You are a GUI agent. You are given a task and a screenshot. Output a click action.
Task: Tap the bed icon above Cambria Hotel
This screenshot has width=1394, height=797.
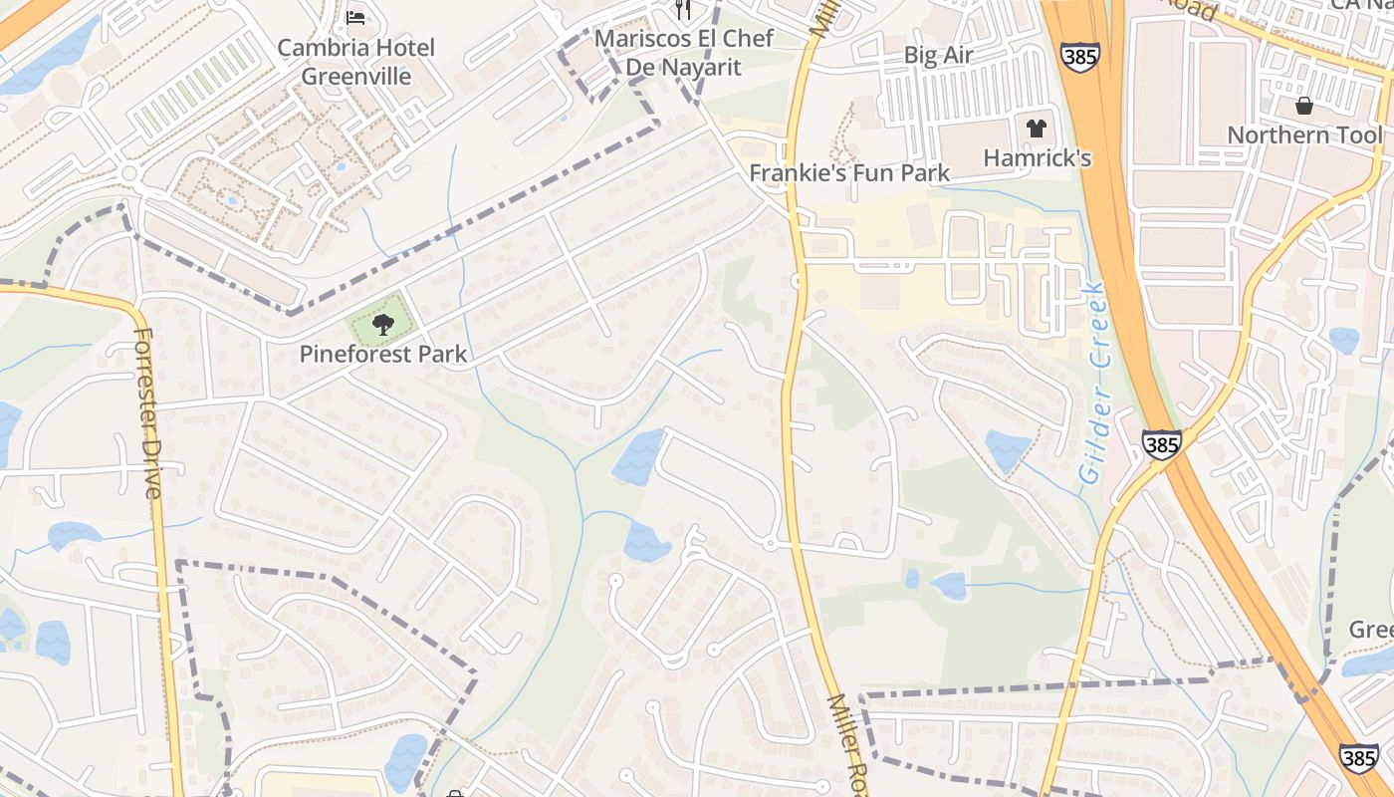355,17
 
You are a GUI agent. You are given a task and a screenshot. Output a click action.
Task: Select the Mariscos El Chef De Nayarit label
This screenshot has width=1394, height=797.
683,53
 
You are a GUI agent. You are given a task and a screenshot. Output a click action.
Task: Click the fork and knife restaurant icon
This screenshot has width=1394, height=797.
683,10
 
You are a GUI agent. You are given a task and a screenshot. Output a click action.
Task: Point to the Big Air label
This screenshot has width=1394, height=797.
938,55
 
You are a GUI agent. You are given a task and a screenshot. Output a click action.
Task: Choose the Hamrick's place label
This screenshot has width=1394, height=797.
1037,157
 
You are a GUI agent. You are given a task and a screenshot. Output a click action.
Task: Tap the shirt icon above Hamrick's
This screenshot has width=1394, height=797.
1037,128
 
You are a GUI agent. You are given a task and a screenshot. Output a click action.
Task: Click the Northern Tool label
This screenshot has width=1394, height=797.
1303,134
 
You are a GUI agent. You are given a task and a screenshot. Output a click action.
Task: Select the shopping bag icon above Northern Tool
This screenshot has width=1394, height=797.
1304,106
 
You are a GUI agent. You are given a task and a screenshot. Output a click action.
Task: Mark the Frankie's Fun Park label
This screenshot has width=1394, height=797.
849,172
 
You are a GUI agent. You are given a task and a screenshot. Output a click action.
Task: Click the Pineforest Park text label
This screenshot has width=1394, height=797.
383,354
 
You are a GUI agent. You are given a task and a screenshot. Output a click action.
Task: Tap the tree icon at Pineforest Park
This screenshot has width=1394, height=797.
382,323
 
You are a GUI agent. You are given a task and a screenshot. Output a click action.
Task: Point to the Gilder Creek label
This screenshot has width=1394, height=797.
1093,383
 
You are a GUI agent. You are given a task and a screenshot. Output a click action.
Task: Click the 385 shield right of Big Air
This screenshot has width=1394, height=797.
1079,55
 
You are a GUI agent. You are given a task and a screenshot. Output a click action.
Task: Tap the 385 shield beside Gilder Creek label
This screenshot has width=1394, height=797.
1161,444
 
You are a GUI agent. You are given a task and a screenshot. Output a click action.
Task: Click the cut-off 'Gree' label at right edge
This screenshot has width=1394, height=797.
1370,630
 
